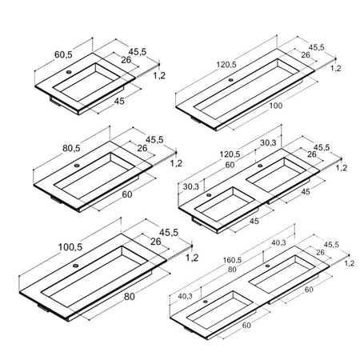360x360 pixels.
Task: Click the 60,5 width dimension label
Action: (63, 54)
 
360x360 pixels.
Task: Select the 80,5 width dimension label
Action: (71, 148)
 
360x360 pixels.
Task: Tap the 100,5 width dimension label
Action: (70, 247)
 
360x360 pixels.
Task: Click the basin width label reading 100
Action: (275, 106)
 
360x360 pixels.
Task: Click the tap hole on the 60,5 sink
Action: (69, 72)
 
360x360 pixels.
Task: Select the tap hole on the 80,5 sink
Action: (77, 166)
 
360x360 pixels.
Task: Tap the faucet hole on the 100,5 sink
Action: (76, 266)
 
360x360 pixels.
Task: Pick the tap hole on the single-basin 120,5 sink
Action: (231, 80)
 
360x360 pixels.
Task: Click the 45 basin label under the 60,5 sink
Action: (119, 101)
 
